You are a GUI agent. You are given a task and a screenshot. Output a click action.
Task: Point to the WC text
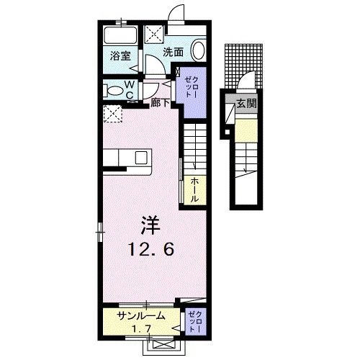pyautogui.click(x=130, y=89)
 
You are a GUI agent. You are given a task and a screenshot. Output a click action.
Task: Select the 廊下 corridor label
pyautogui.click(x=161, y=103)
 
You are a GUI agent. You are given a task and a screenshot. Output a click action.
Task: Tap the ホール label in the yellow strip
pyautogui.click(x=195, y=189)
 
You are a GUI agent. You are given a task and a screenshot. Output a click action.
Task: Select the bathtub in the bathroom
pyautogui.click(x=118, y=35)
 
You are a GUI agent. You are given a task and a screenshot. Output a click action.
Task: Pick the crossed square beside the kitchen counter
pyautogui.click(x=112, y=113)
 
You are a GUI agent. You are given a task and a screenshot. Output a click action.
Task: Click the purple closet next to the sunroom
pyautogui.click(x=194, y=320)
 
